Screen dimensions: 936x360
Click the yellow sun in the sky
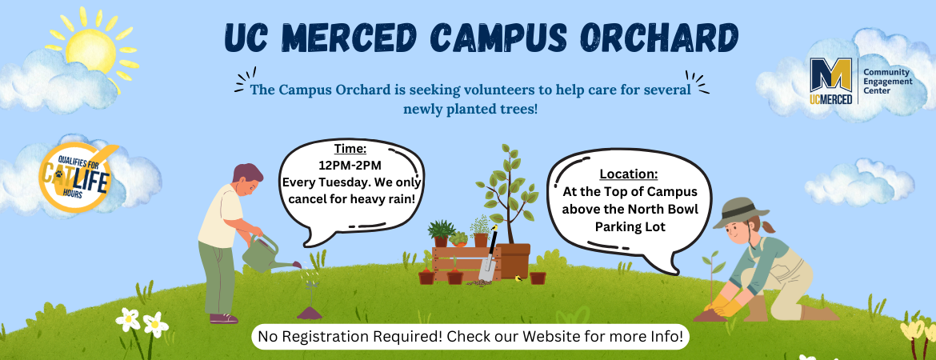90,48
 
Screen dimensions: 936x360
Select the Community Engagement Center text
888,81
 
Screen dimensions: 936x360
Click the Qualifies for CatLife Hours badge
74,178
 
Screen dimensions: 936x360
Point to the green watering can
266,253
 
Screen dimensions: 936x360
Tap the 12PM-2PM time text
350,166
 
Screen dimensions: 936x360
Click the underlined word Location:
629,174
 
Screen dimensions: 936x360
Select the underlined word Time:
350,149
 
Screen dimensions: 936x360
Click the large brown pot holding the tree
513,260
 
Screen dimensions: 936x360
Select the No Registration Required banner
470,336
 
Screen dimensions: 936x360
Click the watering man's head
248,179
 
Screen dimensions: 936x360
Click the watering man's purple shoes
224,319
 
